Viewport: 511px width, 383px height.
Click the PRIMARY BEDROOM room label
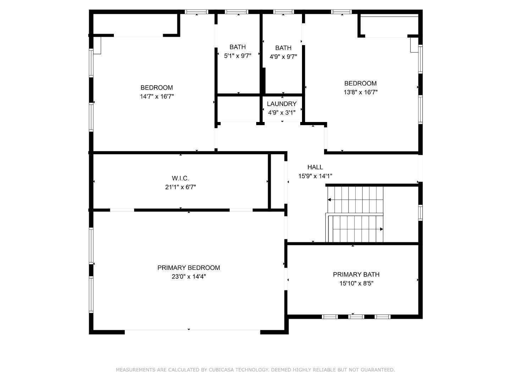[188, 268]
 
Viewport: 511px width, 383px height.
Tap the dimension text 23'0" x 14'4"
[188, 277]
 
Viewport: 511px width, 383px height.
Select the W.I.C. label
[180, 178]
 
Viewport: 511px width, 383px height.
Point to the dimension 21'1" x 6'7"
[180, 187]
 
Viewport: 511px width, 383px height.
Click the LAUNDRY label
[281, 104]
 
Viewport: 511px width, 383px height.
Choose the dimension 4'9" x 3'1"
[281, 113]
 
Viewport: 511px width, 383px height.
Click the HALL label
[315, 167]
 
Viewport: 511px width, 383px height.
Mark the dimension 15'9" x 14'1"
[315, 176]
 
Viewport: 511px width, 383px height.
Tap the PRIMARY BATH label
[356, 274]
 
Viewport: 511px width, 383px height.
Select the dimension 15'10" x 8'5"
[356, 283]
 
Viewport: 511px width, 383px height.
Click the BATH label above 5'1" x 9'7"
[237, 47]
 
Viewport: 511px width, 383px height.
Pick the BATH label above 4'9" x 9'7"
[283, 48]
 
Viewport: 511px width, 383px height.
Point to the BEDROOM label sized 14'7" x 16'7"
[156, 88]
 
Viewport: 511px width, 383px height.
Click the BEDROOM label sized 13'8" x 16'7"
[360, 83]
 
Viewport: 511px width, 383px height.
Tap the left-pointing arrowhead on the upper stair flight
[329, 200]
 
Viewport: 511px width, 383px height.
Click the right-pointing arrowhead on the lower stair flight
[381, 229]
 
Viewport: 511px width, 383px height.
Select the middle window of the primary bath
[356, 317]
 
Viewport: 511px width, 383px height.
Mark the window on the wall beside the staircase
[420, 213]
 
